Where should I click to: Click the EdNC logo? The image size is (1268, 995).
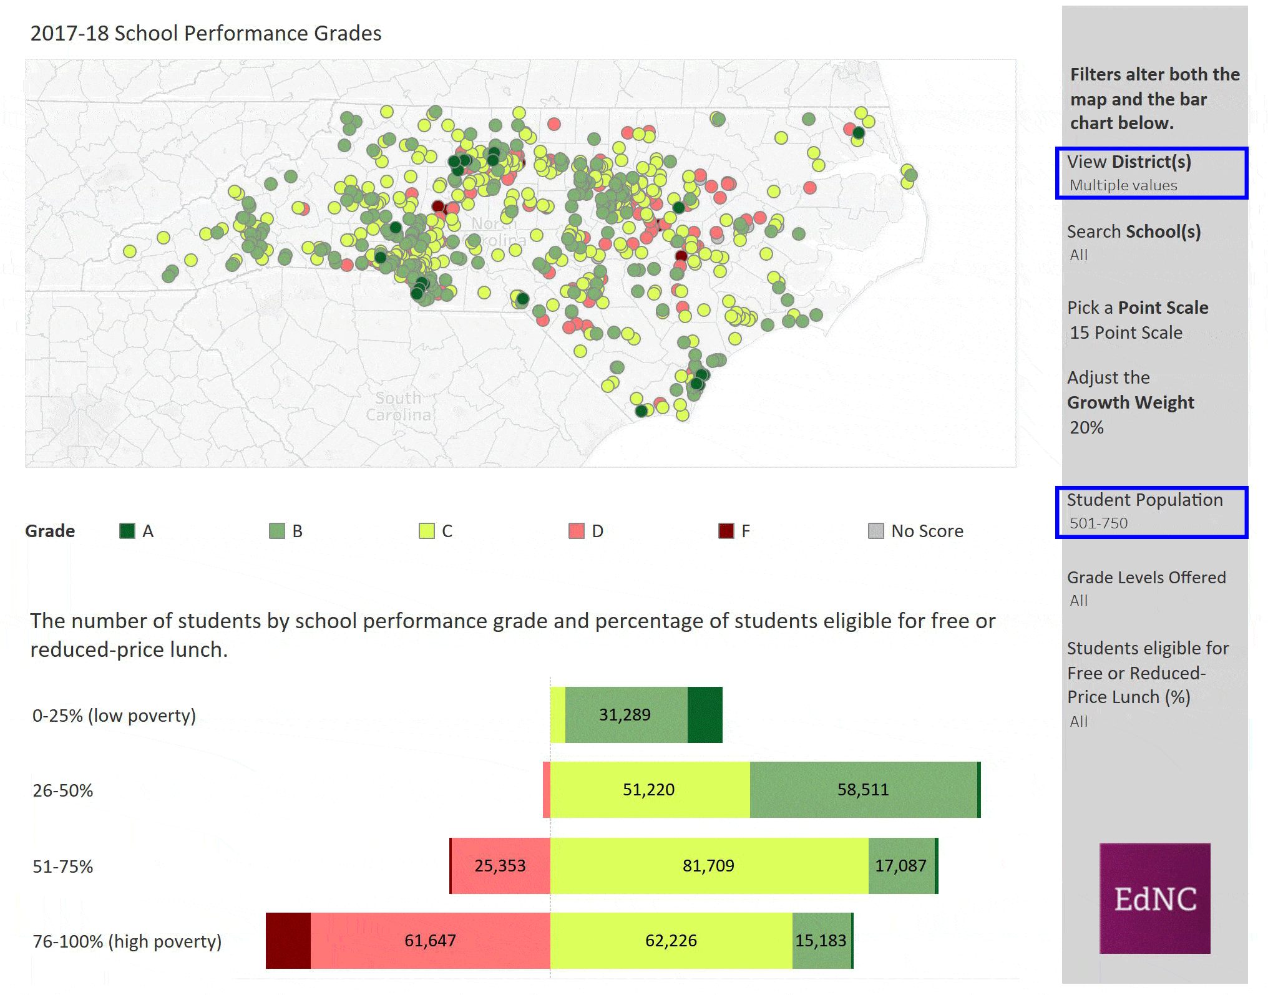1154,898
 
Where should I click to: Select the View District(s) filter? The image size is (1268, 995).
1151,173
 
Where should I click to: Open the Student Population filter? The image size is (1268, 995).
1151,512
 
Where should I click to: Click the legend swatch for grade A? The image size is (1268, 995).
127,531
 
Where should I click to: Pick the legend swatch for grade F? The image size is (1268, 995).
726,531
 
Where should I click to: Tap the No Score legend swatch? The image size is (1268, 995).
875,531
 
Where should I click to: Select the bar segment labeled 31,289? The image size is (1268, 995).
625,715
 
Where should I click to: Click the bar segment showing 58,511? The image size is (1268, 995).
863,790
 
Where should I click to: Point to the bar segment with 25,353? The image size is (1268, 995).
500,866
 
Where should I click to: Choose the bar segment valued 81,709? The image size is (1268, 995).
708,866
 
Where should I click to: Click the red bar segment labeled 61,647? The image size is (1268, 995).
430,941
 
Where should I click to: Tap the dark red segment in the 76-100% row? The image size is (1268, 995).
288,941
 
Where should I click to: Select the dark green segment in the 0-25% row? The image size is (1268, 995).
705,715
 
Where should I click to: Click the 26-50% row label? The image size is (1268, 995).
63,790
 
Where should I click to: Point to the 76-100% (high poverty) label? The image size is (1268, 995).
127,941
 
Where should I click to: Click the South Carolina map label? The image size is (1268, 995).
398,407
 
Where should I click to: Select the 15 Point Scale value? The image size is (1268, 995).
1126,332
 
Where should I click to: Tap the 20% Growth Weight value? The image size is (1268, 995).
1086,427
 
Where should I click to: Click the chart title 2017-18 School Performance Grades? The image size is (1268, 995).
206,33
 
